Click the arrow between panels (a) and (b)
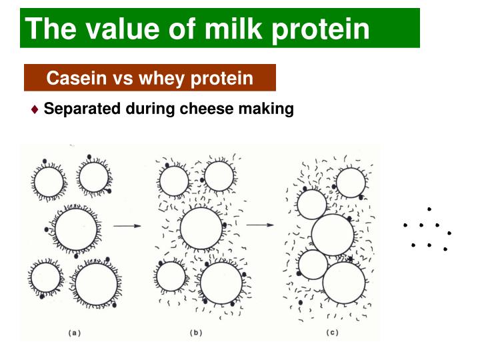click(x=127, y=226)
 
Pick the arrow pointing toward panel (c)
click(x=260, y=225)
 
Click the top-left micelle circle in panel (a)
click(x=49, y=181)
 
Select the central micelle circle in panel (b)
click(x=201, y=229)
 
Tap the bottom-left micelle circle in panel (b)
click(x=171, y=276)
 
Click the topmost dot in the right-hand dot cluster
click(x=429, y=209)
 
